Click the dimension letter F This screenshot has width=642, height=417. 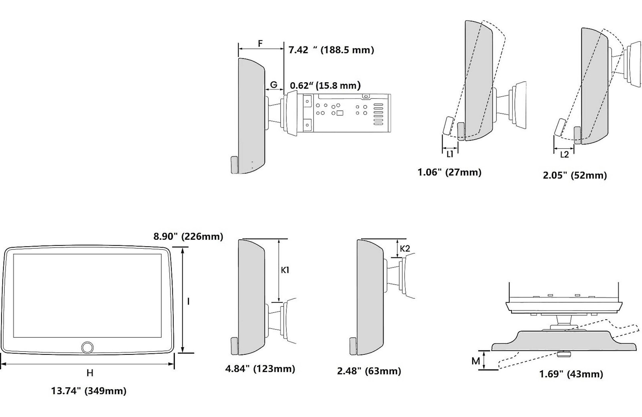[x=260, y=44]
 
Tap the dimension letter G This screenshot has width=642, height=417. [x=274, y=85]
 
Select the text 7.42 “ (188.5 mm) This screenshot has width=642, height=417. [x=331, y=50]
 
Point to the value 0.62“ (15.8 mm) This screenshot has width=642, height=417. [x=325, y=85]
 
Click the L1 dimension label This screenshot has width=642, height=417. [x=450, y=154]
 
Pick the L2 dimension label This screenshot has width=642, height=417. [x=564, y=155]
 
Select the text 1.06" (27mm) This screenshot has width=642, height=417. [x=449, y=172]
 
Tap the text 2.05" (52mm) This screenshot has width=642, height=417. [x=575, y=175]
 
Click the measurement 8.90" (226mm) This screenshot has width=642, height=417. [x=188, y=237]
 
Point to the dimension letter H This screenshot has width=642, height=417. [x=90, y=373]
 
